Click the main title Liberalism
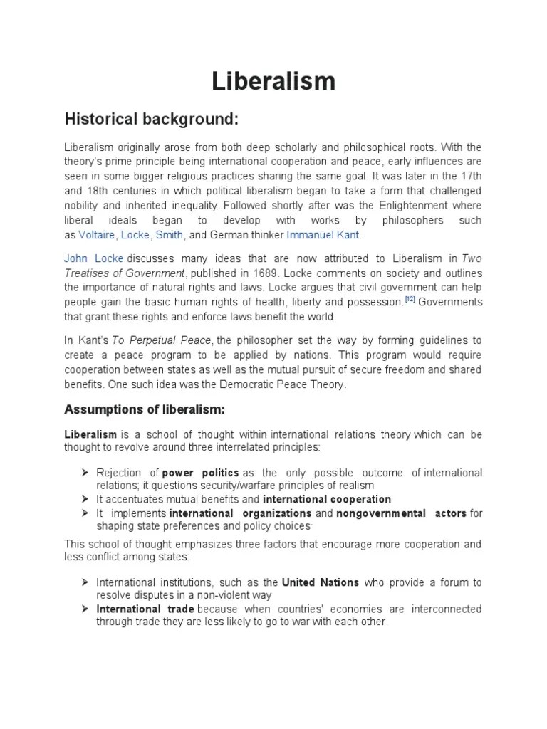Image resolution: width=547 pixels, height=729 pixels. tap(273, 81)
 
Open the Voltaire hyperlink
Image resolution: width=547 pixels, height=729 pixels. tap(98, 235)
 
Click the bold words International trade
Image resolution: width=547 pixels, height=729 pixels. tap(145, 609)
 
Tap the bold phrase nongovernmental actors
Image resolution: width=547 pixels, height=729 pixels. tap(401, 513)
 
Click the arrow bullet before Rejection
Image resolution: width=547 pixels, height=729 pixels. tap(85, 473)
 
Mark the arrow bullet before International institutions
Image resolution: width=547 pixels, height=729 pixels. tap(85, 582)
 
